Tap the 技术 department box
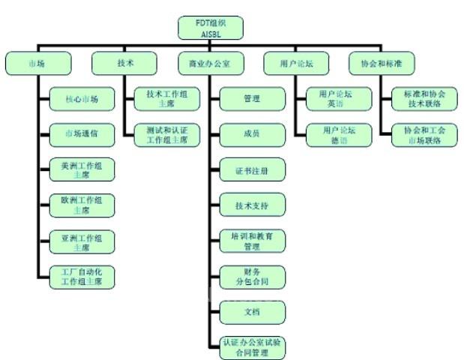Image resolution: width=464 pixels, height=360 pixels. pyautogui.click(x=124, y=63)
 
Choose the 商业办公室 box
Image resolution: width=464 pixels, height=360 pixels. pyautogui.click(x=211, y=63)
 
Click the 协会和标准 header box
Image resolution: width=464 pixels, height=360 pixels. pyautogui.click(x=383, y=63)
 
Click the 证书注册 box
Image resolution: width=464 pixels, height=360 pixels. pyautogui.click(x=253, y=169)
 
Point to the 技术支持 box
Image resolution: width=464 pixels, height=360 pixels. pyautogui.click(x=253, y=204)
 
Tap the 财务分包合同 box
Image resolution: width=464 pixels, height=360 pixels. pyautogui.click(x=253, y=276)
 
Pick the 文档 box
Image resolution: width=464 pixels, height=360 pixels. pyautogui.click(x=253, y=311)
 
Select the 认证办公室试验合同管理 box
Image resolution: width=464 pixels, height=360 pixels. pyautogui.click(x=253, y=346)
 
